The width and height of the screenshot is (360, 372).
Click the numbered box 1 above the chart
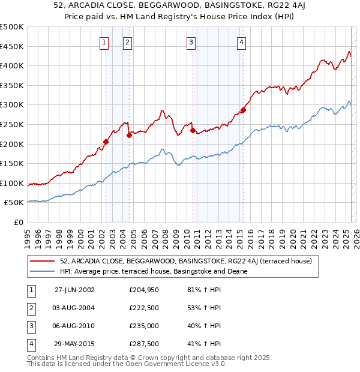coord(104,42)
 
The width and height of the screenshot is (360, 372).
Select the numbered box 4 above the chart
coord(241,42)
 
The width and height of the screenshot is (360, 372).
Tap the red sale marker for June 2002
coord(106,142)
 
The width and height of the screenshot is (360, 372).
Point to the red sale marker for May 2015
coord(243,110)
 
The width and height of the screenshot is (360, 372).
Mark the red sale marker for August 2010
coord(192,130)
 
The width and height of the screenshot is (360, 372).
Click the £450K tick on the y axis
coord(12,46)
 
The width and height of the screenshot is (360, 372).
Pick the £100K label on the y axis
coord(12,183)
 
